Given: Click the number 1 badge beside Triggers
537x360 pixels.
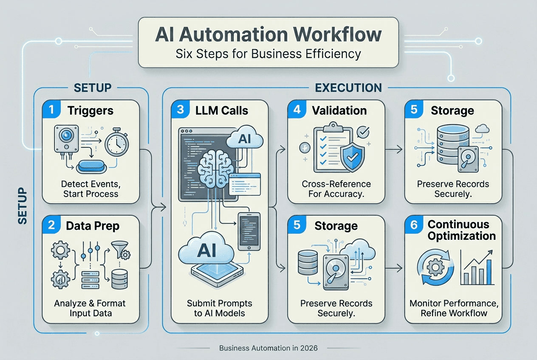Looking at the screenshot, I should (51, 110).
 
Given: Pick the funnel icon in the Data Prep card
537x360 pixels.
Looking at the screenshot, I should (119, 249).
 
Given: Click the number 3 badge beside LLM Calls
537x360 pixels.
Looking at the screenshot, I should (180, 110).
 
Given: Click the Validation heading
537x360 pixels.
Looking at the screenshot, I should (339, 110).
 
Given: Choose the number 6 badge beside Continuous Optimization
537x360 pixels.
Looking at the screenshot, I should (414, 225).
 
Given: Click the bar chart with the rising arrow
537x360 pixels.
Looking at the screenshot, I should (476, 267).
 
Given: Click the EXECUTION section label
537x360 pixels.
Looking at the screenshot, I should (348, 87).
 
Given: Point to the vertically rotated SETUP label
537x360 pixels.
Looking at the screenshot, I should (23, 206).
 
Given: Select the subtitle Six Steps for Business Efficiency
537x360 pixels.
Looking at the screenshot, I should (268, 54).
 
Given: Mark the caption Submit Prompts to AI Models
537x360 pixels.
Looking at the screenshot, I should (219, 308).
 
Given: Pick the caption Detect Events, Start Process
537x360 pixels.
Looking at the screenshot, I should (90, 189).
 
